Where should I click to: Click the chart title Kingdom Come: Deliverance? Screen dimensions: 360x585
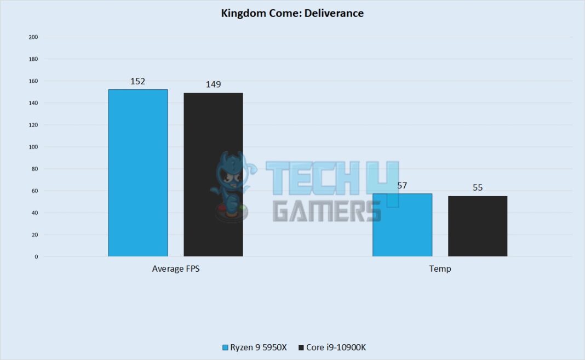[x=292, y=13]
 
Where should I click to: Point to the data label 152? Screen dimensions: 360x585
[x=138, y=81]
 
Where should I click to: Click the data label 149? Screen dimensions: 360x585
[x=213, y=84]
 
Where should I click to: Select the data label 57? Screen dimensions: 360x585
[x=402, y=185]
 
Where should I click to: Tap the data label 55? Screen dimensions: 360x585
[x=478, y=187]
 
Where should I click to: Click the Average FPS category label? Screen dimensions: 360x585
[x=175, y=269]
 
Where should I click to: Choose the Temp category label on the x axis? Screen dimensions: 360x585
[x=440, y=269]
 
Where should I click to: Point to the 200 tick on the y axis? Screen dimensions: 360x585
[x=33, y=37]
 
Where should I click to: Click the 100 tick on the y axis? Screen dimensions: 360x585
[x=33, y=147]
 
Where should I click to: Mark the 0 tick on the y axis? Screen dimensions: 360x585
[x=36, y=256]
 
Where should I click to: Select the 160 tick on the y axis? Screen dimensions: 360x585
[x=33, y=81]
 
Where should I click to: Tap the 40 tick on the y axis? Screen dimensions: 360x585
[x=35, y=213]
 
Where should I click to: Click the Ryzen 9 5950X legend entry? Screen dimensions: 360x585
[x=256, y=347]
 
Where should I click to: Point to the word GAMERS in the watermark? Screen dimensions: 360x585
[x=326, y=210]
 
